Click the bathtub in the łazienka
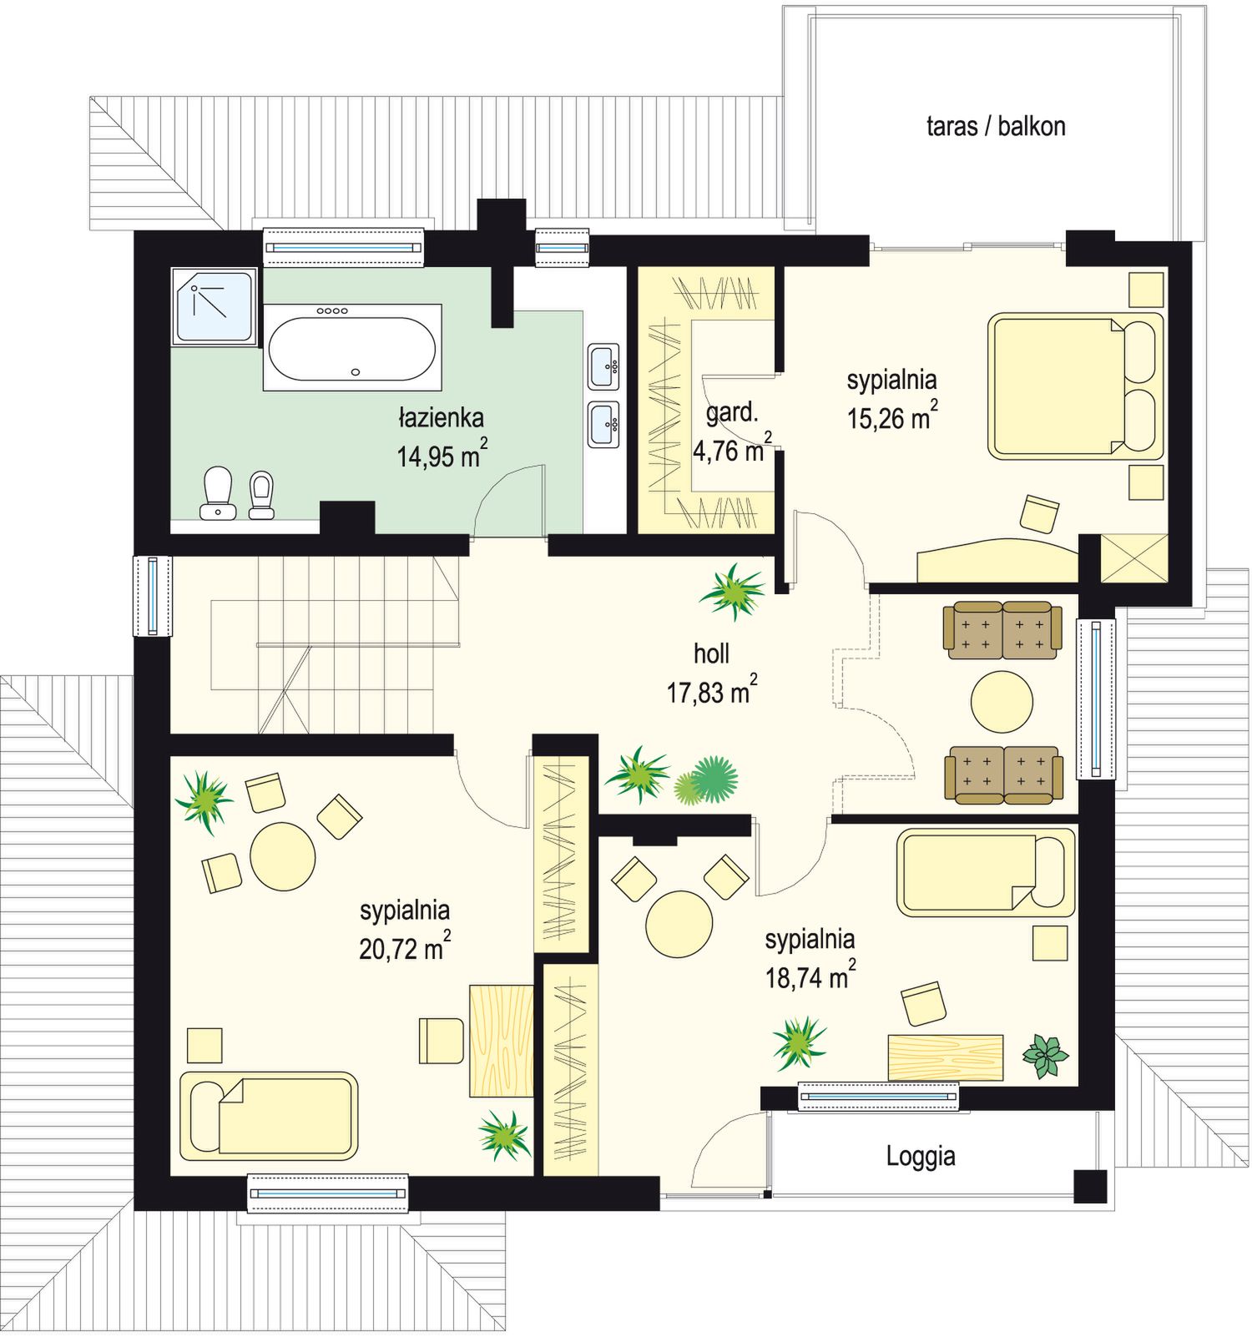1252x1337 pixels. click(351, 347)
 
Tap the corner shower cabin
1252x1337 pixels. click(214, 306)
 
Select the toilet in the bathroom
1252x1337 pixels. click(218, 492)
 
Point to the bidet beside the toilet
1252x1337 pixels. click(261, 496)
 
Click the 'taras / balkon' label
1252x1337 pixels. click(996, 127)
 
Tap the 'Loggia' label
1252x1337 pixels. click(921, 1157)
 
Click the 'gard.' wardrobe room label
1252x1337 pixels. click(732, 412)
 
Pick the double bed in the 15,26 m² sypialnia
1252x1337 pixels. click(1076, 386)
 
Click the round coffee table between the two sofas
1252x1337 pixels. click(1002, 702)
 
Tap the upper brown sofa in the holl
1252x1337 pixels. click(1002, 630)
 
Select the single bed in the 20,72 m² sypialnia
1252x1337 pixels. click(269, 1116)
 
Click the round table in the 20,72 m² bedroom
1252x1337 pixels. click(283, 856)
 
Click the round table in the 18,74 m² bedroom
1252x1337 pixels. click(679, 924)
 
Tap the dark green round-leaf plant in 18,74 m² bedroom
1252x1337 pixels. click(1045, 1056)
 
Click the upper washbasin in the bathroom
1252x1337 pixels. click(603, 366)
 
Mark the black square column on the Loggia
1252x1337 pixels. click(1089, 1186)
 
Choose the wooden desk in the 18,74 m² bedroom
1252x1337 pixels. click(945, 1057)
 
